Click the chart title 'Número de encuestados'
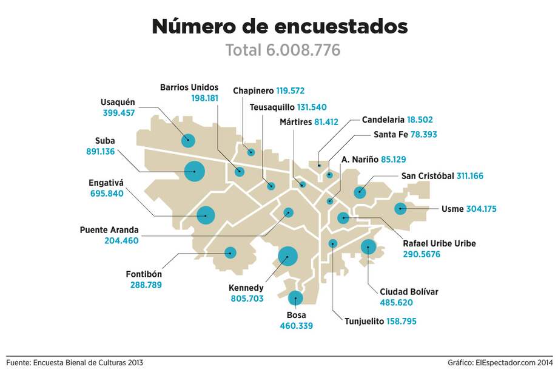(x=279, y=27)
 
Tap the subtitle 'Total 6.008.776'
(x=283, y=50)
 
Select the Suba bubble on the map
(x=195, y=172)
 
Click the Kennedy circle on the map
(x=287, y=256)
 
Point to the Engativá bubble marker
(x=206, y=215)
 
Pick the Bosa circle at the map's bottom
(x=295, y=298)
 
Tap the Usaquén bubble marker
(x=188, y=141)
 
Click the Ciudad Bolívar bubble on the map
(x=368, y=247)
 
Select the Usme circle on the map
(x=400, y=209)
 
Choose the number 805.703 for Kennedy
(x=247, y=299)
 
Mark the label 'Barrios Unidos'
(x=189, y=87)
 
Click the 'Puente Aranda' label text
(x=109, y=230)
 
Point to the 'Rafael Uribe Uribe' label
(x=439, y=244)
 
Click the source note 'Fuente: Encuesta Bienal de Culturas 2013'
(x=75, y=362)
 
